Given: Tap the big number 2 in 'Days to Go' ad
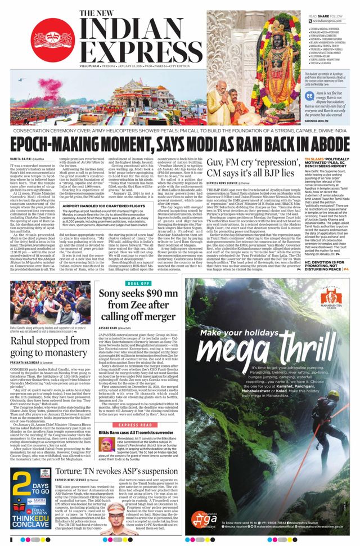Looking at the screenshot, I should tap(19, 489).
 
